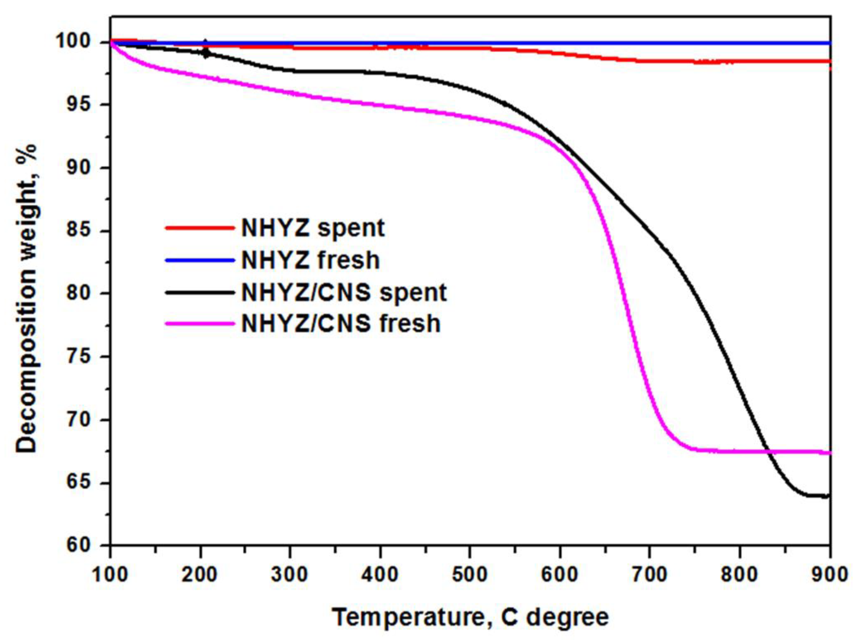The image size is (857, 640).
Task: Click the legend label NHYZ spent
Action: click(x=313, y=228)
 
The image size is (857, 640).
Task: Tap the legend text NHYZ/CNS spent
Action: click(x=344, y=292)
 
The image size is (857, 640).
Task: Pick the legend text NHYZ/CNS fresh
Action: click(x=341, y=324)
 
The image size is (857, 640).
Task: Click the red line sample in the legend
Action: click(x=200, y=228)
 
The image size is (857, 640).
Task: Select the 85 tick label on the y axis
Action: click(x=83, y=231)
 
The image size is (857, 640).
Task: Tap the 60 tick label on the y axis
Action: click(x=83, y=545)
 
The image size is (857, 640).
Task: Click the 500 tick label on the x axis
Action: click(x=470, y=574)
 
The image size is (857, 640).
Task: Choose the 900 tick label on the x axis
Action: click(x=829, y=574)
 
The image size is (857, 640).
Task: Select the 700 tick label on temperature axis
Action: click(x=649, y=574)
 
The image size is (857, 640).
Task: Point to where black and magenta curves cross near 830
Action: click(x=767, y=452)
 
